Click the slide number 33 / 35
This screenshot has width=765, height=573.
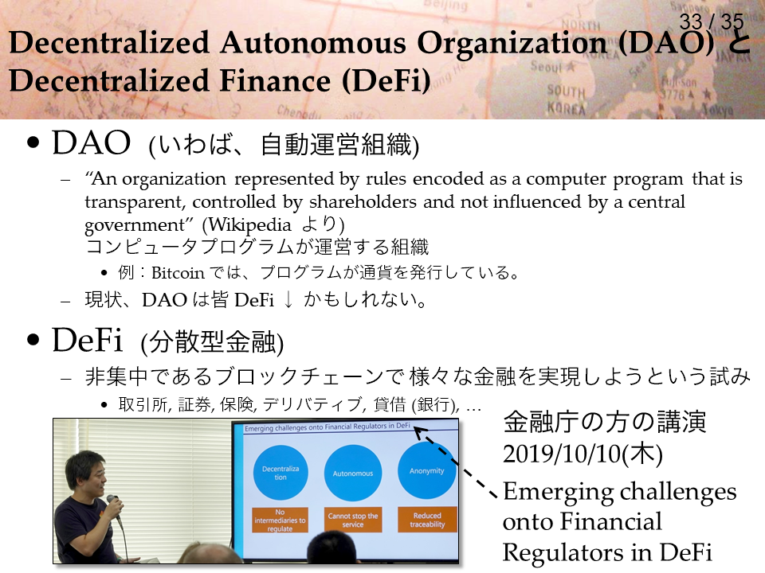(x=712, y=21)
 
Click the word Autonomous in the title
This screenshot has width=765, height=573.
(x=312, y=42)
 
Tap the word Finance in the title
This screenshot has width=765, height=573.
(x=275, y=80)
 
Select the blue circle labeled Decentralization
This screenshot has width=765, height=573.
(x=280, y=473)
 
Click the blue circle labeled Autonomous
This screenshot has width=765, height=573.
(x=353, y=473)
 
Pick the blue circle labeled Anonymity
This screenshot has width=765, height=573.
(x=427, y=470)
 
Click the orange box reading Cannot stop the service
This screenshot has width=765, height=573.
(x=353, y=520)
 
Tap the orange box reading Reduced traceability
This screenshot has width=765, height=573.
(x=427, y=520)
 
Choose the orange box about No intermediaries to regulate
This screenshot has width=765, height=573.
(x=280, y=520)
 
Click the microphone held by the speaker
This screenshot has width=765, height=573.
(x=114, y=507)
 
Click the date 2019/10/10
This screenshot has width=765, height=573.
(x=561, y=454)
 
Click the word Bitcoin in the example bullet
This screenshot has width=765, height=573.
(x=178, y=273)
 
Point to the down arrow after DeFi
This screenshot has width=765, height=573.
(x=288, y=300)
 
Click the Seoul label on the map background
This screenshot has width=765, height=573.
(x=547, y=66)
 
